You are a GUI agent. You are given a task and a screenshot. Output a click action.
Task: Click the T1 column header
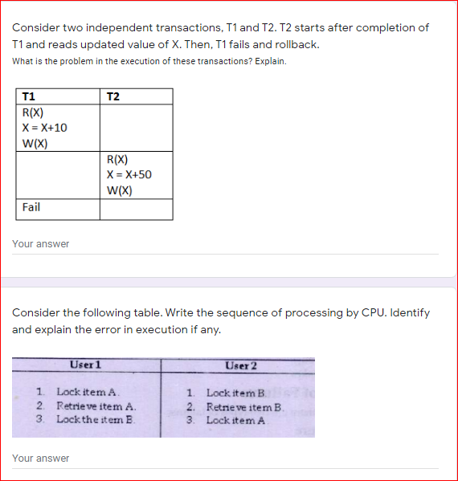point(29,96)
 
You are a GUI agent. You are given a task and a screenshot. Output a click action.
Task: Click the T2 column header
point(113,96)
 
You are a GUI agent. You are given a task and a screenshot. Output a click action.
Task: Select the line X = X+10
point(45,128)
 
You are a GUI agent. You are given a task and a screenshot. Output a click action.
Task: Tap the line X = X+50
point(129,175)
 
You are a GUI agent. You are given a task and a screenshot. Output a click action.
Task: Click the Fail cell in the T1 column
point(31,207)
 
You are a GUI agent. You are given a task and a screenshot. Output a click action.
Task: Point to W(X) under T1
point(35,144)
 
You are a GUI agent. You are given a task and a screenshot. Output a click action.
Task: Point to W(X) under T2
point(119,190)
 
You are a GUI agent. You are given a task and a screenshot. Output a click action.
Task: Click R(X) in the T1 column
point(34,112)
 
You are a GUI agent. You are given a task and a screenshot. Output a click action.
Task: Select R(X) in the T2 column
point(117,160)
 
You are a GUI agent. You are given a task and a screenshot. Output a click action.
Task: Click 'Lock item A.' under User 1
point(88,393)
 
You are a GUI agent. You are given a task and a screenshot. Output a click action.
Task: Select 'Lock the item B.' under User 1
point(96,419)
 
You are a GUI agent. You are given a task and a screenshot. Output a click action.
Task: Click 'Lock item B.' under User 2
point(237,393)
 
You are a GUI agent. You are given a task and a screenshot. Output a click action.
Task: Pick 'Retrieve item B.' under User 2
point(245,406)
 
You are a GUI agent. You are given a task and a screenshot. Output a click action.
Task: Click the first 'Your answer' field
point(225,244)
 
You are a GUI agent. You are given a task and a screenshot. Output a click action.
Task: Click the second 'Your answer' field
point(225,459)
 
